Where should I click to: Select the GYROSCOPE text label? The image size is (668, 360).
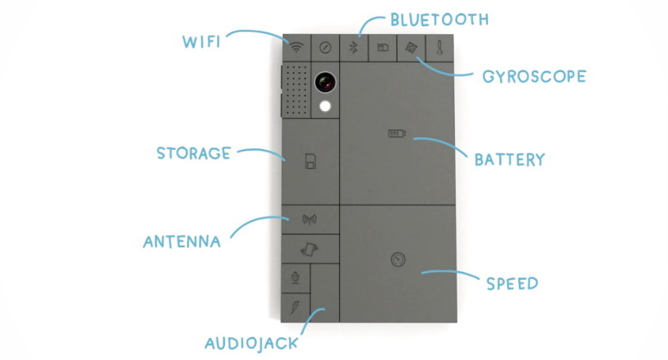click(x=534, y=77)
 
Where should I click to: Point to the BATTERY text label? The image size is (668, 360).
click(x=510, y=159)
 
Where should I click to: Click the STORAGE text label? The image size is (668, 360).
click(x=193, y=152)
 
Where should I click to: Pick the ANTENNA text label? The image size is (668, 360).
click(x=181, y=241)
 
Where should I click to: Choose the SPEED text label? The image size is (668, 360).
click(x=512, y=283)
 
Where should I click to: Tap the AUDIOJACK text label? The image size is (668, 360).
click(x=251, y=343)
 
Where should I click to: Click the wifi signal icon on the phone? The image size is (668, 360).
click(x=296, y=47)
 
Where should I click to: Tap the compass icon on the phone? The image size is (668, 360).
click(x=325, y=47)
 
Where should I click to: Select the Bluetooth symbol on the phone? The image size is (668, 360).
click(x=354, y=47)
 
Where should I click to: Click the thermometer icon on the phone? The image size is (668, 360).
click(x=440, y=47)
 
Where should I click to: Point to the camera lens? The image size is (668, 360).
click(x=324, y=81)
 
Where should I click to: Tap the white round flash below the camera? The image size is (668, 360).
click(x=324, y=108)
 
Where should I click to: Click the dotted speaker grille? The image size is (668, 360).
click(x=295, y=91)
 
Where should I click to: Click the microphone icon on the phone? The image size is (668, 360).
click(x=296, y=278)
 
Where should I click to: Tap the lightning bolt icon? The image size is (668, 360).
click(x=296, y=306)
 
